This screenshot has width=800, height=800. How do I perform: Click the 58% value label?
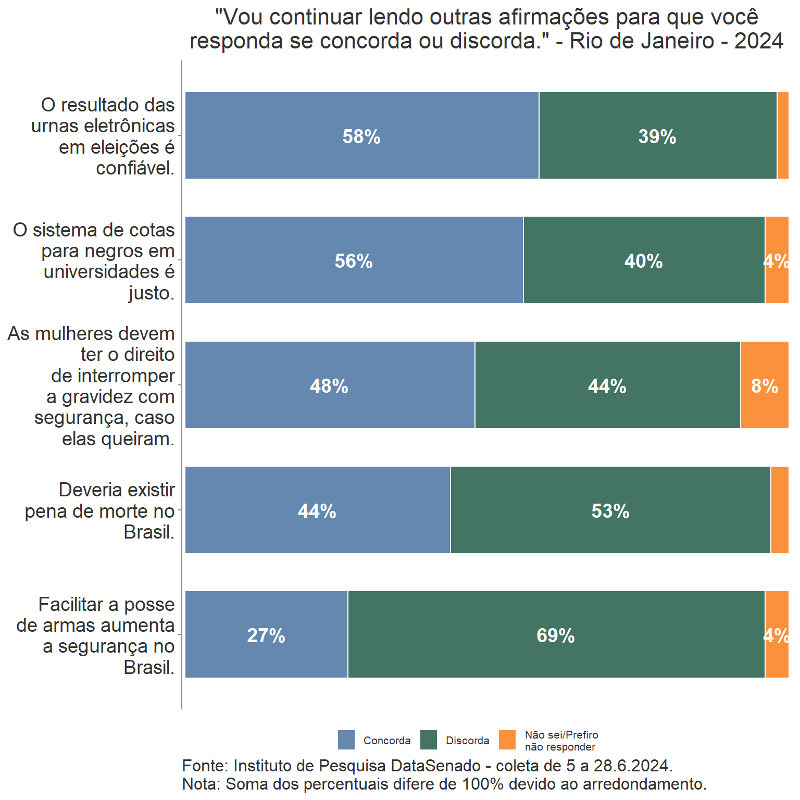coord(361,136)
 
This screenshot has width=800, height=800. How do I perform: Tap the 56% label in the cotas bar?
coord(353,261)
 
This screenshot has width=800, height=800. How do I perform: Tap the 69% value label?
coord(555,635)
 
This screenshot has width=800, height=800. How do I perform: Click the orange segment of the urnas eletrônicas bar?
coord(782,135)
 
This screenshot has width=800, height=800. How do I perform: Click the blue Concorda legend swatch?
coord(346,740)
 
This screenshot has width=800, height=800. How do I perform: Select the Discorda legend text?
coord(467,741)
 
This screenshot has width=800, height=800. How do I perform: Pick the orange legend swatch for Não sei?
coord(507,740)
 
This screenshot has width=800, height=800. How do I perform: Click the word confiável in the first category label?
coord(135,168)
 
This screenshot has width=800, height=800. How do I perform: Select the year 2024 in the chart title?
coord(758,41)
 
